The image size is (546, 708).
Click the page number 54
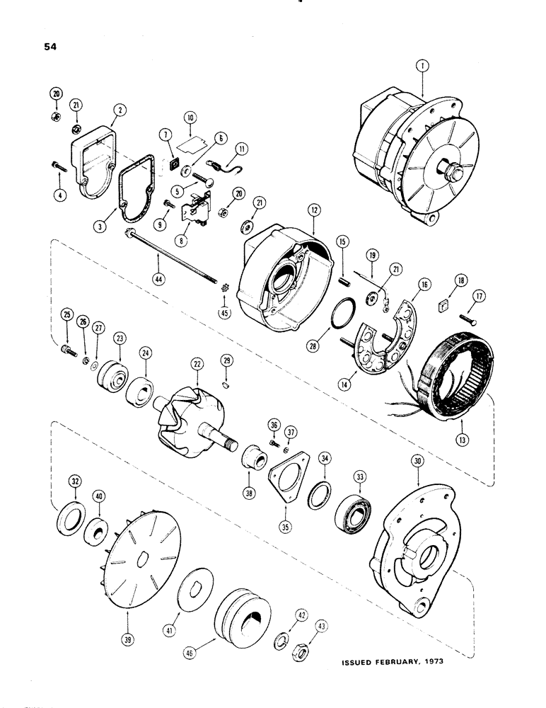(50, 47)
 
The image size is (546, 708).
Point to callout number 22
(197, 363)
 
